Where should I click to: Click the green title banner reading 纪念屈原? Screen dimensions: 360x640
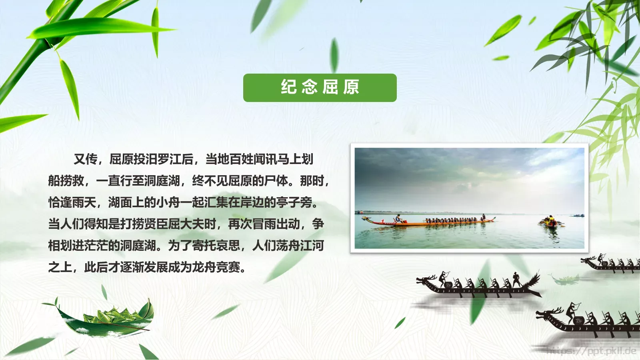(320, 88)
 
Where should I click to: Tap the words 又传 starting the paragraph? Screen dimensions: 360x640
(86, 159)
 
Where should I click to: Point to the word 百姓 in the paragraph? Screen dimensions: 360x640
(242, 159)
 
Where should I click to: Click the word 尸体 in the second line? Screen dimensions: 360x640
(276, 181)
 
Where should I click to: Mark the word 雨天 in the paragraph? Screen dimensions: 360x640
(84, 202)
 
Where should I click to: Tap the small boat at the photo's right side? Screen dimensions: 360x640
(552, 222)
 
